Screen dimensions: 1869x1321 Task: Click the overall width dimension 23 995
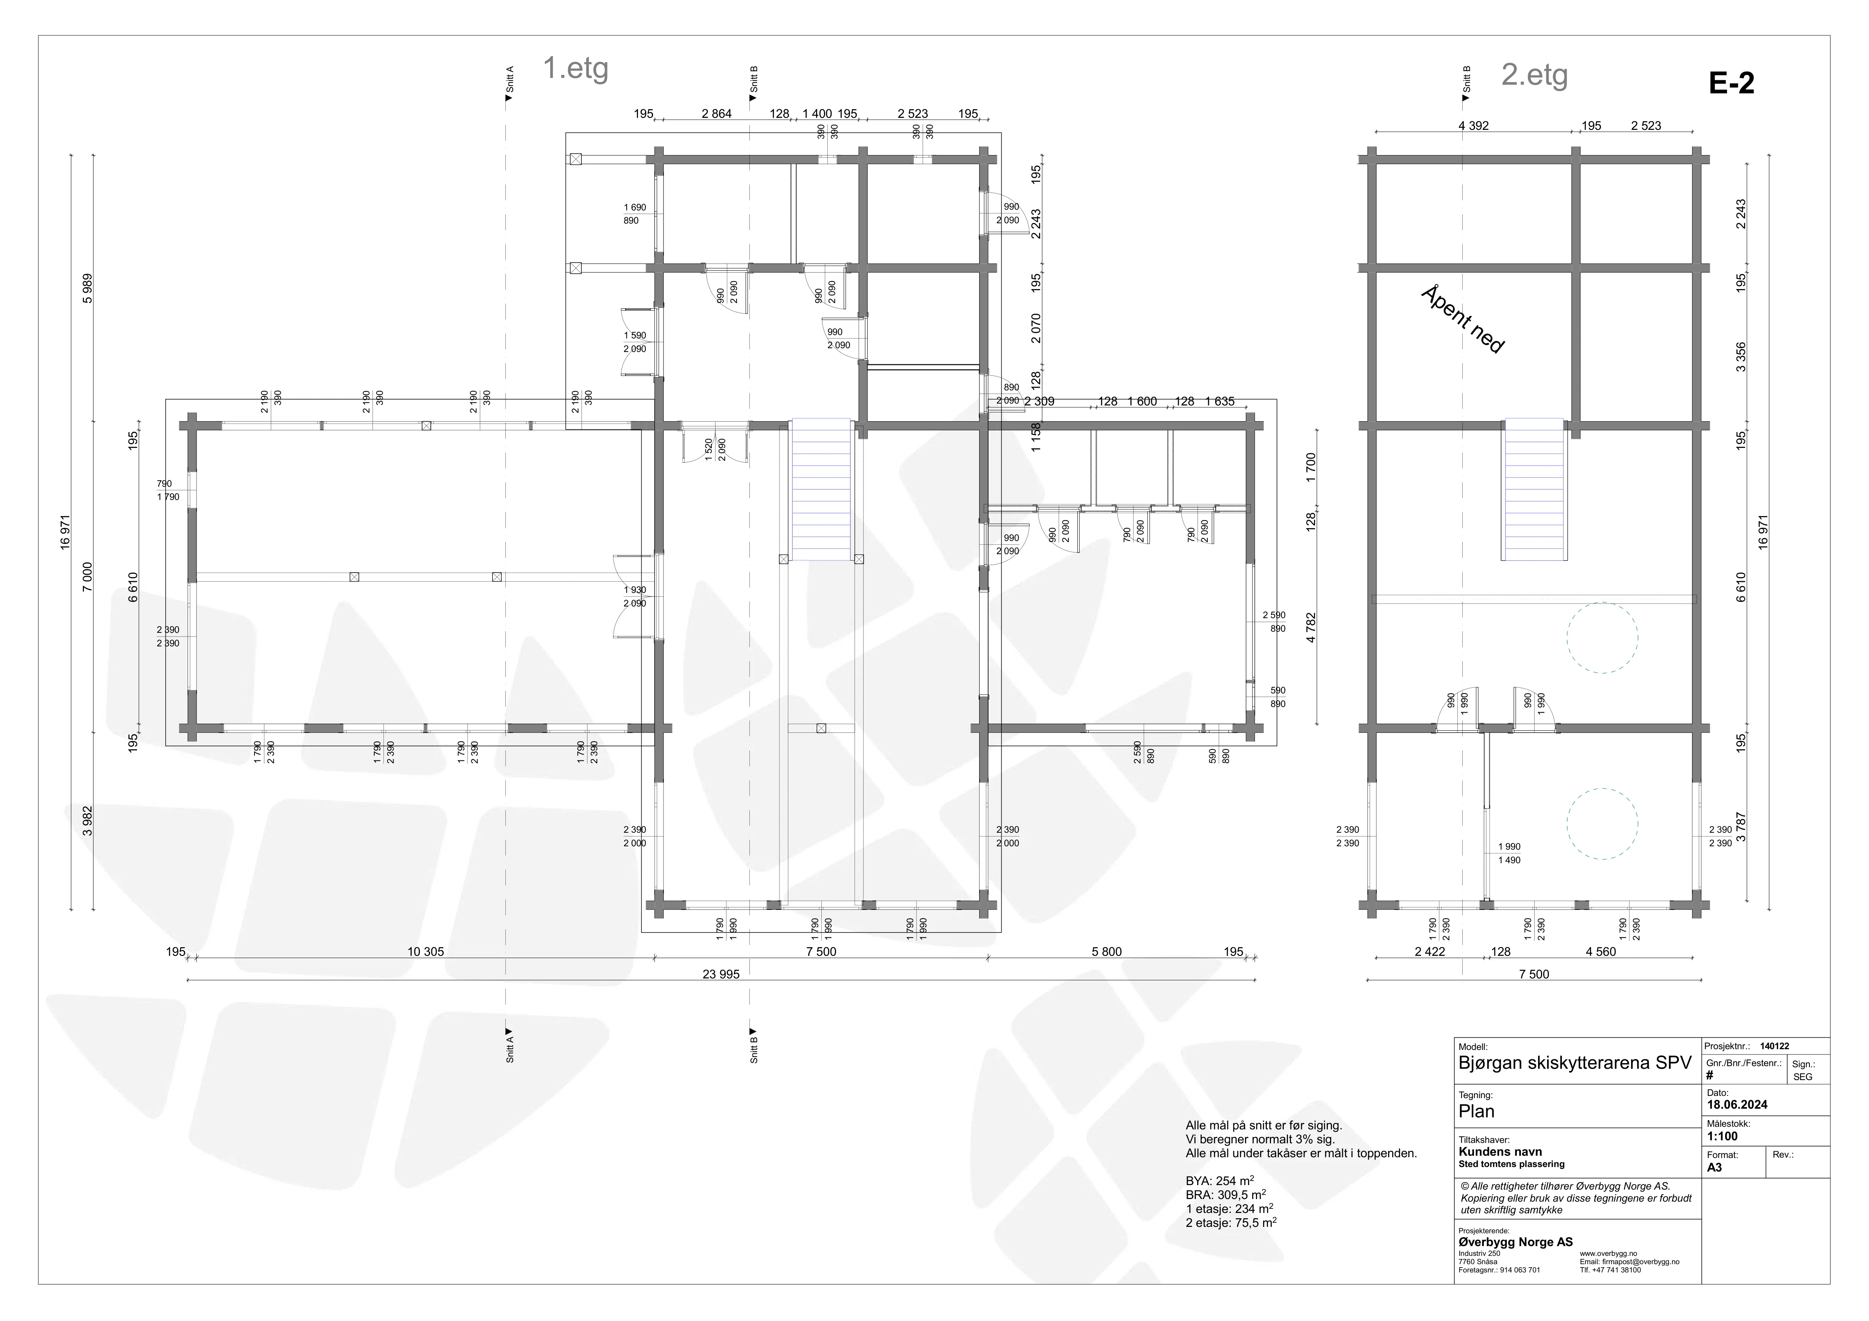click(x=721, y=974)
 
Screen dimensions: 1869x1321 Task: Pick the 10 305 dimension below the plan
click(x=426, y=951)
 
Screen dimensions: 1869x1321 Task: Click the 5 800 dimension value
click(x=1106, y=951)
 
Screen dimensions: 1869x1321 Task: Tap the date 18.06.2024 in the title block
click(x=1737, y=1105)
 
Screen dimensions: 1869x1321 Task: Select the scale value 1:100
click(x=1723, y=1136)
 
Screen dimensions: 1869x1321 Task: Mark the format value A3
click(x=1714, y=1167)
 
